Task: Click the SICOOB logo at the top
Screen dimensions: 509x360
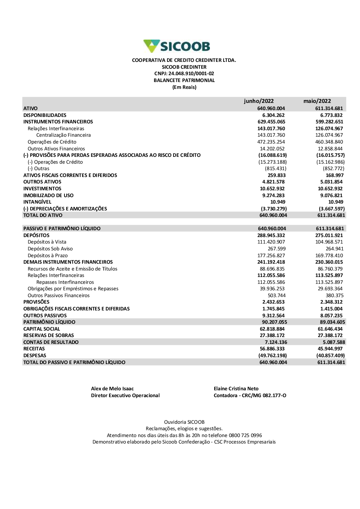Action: (x=176, y=46)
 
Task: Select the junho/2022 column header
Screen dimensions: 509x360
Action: (x=258, y=101)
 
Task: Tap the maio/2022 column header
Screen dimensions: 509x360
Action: (x=317, y=101)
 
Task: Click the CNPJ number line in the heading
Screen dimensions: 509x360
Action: (x=184, y=74)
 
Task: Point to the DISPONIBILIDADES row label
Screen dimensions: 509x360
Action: (x=45, y=115)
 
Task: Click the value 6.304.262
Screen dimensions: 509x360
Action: (x=273, y=115)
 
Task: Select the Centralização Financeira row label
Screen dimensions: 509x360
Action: (x=63, y=135)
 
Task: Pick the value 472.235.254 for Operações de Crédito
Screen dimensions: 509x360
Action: (x=271, y=142)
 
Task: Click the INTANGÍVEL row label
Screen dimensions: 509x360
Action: (x=37, y=202)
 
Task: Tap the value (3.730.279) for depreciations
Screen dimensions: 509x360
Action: (x=274, y=209)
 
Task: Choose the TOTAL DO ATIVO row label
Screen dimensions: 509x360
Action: (x=42, y=215)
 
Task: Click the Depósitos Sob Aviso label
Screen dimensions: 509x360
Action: (x=50, y=249)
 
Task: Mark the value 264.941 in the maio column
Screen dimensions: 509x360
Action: (x=334, y=249)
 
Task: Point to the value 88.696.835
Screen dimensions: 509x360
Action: (x=272, y=269)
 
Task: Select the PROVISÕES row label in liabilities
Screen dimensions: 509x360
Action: (x=36, y=302)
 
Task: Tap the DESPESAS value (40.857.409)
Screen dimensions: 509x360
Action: (x=330, y=355)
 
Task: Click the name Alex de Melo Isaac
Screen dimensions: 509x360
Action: (x=112, y=388)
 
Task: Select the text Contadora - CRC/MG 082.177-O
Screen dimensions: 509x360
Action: (x=250, y=395)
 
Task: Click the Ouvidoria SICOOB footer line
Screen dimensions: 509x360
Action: (x=184, y=422)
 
